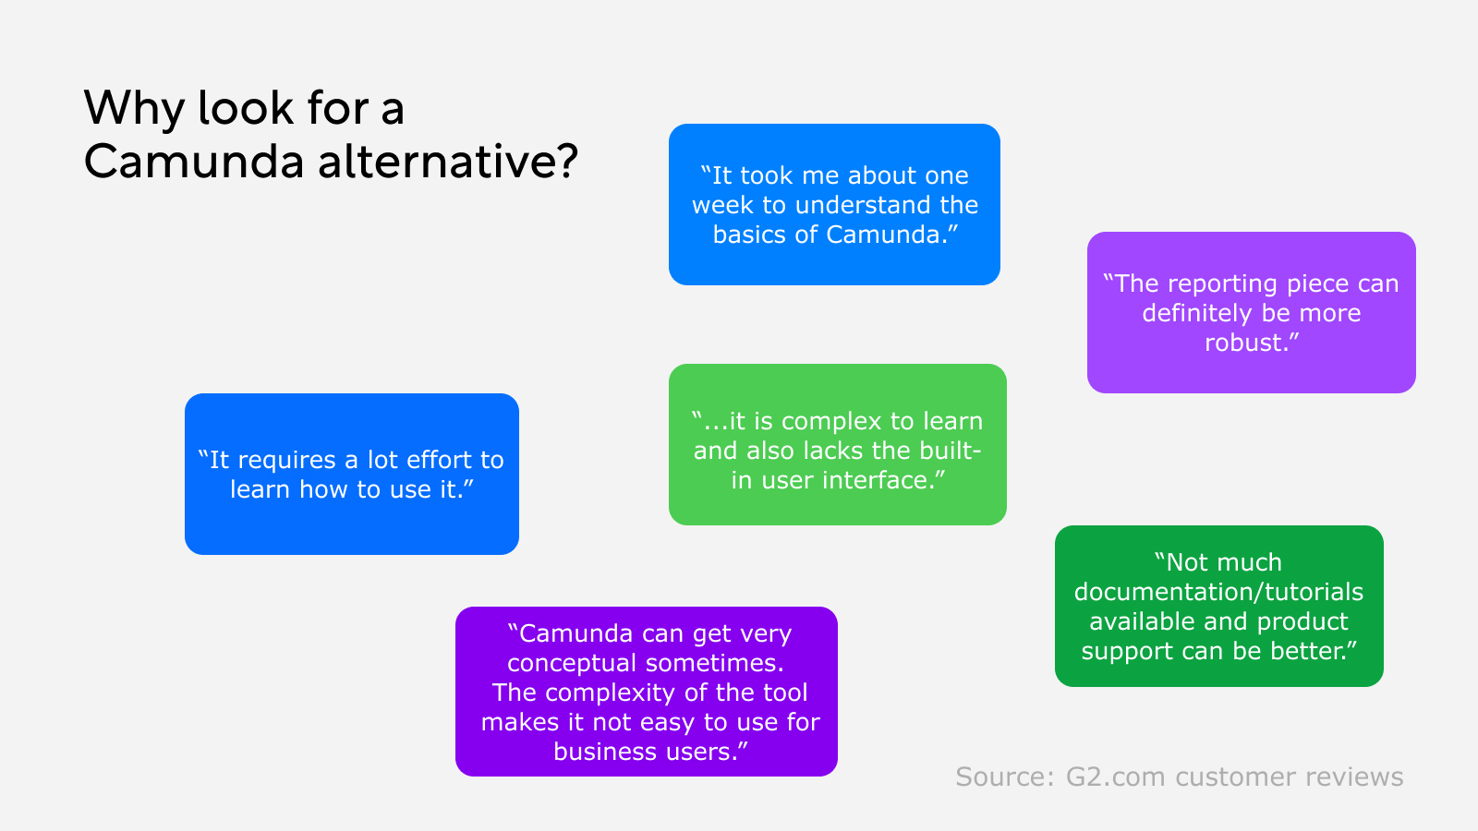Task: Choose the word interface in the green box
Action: pos(878,480)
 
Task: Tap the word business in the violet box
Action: pos(596,752)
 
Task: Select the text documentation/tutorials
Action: pos(1218,592)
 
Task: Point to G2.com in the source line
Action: pos(1115,777)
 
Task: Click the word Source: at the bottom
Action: pos(1004,777)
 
